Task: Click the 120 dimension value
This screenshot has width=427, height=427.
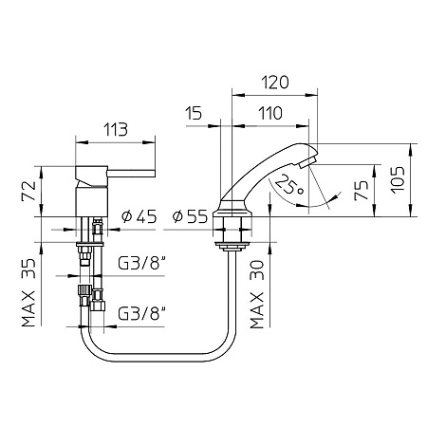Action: tap(275, 83)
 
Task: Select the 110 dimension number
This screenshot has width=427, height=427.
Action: tap(270, 113)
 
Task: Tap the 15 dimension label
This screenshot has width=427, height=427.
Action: tap(194, 113)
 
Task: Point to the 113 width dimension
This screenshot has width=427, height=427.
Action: tap(116, 129)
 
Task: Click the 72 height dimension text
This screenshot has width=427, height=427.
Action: tap(28, 191)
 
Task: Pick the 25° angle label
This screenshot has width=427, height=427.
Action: tap(289, 185)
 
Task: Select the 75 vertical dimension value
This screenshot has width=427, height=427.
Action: tap(362, 190)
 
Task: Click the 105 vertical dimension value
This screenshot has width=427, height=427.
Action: tap(398, 179)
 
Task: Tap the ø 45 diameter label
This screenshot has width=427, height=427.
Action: tap(139, 216)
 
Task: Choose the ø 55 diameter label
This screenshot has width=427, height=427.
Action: tap(190, 216)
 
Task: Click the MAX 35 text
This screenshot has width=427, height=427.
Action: tap(28, 292)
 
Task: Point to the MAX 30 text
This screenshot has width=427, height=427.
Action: tap(256, 294)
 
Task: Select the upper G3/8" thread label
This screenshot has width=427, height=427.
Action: tap(142, 263)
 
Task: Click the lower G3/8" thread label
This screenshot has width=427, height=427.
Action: tap(142, 313)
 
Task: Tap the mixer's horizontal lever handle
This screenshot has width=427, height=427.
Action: tap(131, 174)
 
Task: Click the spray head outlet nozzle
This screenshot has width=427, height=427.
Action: tap(306, 163)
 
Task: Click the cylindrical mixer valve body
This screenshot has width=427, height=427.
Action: tap(92, 201)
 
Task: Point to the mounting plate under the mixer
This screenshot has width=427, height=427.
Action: tap(90, 245)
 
